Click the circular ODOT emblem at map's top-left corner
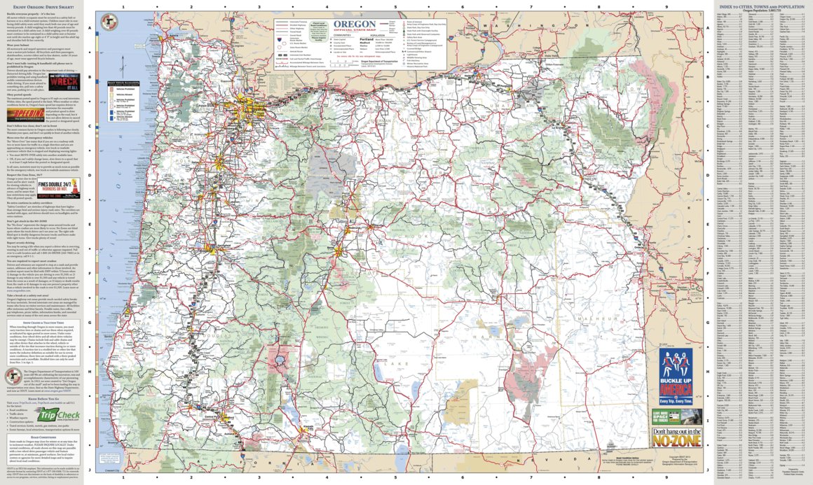(109, 23)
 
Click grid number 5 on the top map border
(395, 7)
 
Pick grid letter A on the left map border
(90, 30)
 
